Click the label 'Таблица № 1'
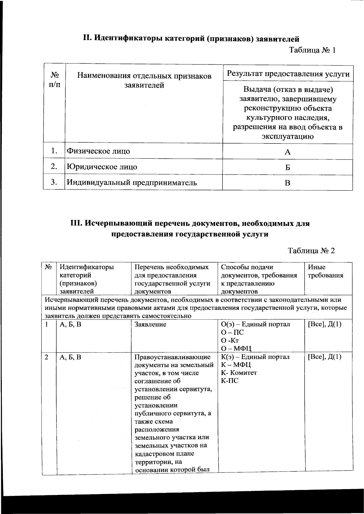click(x=312, y=50)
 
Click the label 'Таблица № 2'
click(x=311, y=251)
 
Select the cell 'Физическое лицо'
click(x=98, y=151)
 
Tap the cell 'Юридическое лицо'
click(x=102, y=167)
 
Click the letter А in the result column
click(x=288, y=152)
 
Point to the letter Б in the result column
click(x=288, y=167)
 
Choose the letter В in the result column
click(x=288, y=183)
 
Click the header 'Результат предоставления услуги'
click(x=288, y=74)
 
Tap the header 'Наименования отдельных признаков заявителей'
click(x=144, y=80)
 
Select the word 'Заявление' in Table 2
click(x=150, y=324)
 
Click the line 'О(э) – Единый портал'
click(x=255, y=324)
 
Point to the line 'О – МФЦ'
click(x=236, y=348)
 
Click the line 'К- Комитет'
click(x=239, y=373)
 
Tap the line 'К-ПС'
click(x=230, y=380)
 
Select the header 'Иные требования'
click(x=325, y=271)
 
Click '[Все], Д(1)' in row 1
click(x=325, y=324)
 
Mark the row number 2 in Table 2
click(x=46, y=357)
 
